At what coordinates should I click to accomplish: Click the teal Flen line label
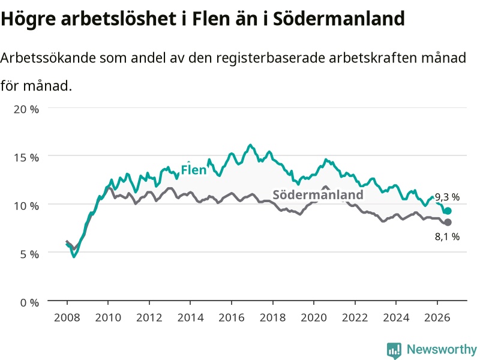click(194, 170)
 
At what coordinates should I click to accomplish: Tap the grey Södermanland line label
click(318, 194)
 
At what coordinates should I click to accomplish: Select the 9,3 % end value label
click(447, 197)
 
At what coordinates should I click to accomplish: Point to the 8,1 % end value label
click(447, 236)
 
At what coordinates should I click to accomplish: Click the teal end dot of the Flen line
click(448, 211)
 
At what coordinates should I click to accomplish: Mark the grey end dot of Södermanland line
click(448, 222)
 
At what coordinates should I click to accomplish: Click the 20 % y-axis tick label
click(26, 109)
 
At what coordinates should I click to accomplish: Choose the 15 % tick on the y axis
click(26, 157)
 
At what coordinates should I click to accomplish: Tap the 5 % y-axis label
click(29, 254)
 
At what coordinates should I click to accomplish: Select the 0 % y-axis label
click(29, 302)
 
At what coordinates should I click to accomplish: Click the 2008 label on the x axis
click(67, 317)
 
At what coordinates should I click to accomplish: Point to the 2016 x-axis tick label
click(232, 317)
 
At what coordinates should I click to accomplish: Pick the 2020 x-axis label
click(314, 317)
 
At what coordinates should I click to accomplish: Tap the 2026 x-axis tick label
click(437, 317)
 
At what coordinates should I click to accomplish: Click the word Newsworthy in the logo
click(442, 349)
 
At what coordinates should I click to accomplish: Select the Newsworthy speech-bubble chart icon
click(394, 350)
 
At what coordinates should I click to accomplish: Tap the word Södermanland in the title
click(339, 19)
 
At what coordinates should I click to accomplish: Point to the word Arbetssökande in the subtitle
click(48, 58)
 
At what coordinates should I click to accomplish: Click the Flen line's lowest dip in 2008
click(74, 257)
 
